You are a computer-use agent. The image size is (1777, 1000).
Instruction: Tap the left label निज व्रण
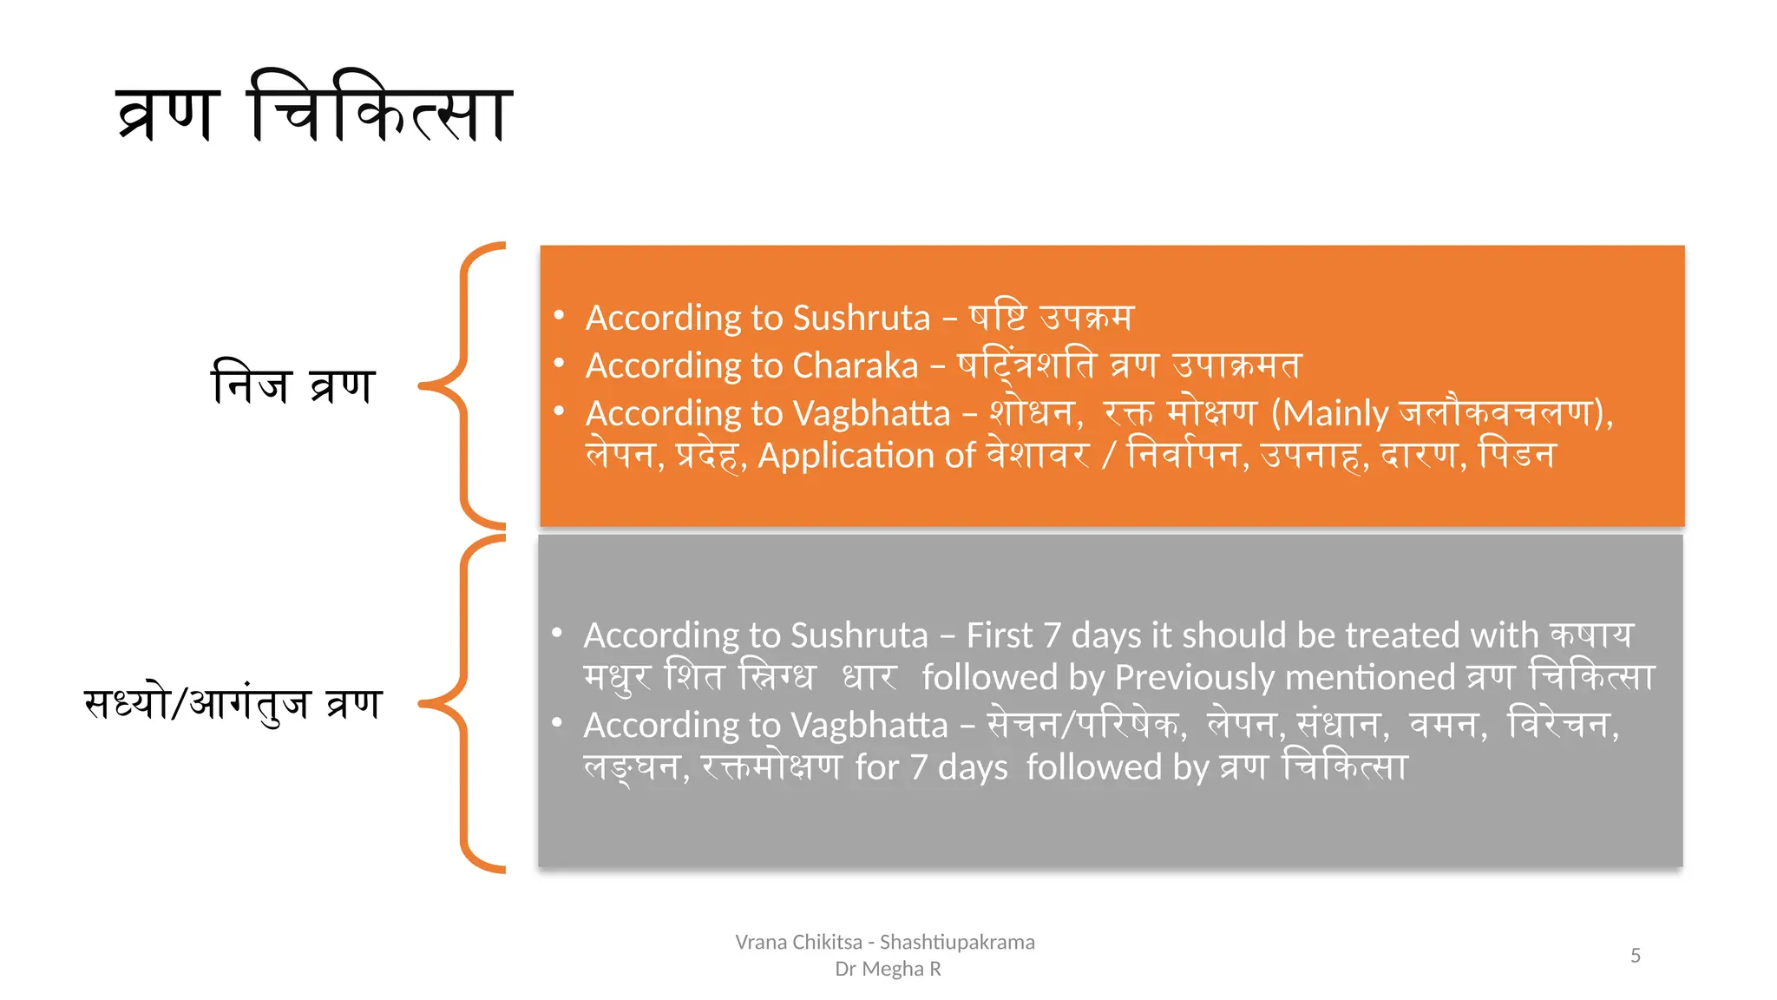click(x=292, y=383)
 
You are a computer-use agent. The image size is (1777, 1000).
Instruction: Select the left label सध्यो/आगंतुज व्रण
click(x=233, y=702)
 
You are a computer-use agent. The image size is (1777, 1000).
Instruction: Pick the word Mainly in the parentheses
click(x=1336, y=414)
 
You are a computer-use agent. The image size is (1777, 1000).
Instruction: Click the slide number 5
click(x=1636, y=956)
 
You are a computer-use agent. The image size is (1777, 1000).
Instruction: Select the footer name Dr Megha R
click(x=888, y=969)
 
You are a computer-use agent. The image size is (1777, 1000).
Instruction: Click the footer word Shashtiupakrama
click(x=957, y=943)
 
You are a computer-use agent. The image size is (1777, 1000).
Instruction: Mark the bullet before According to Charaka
click(x=560, y=364)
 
